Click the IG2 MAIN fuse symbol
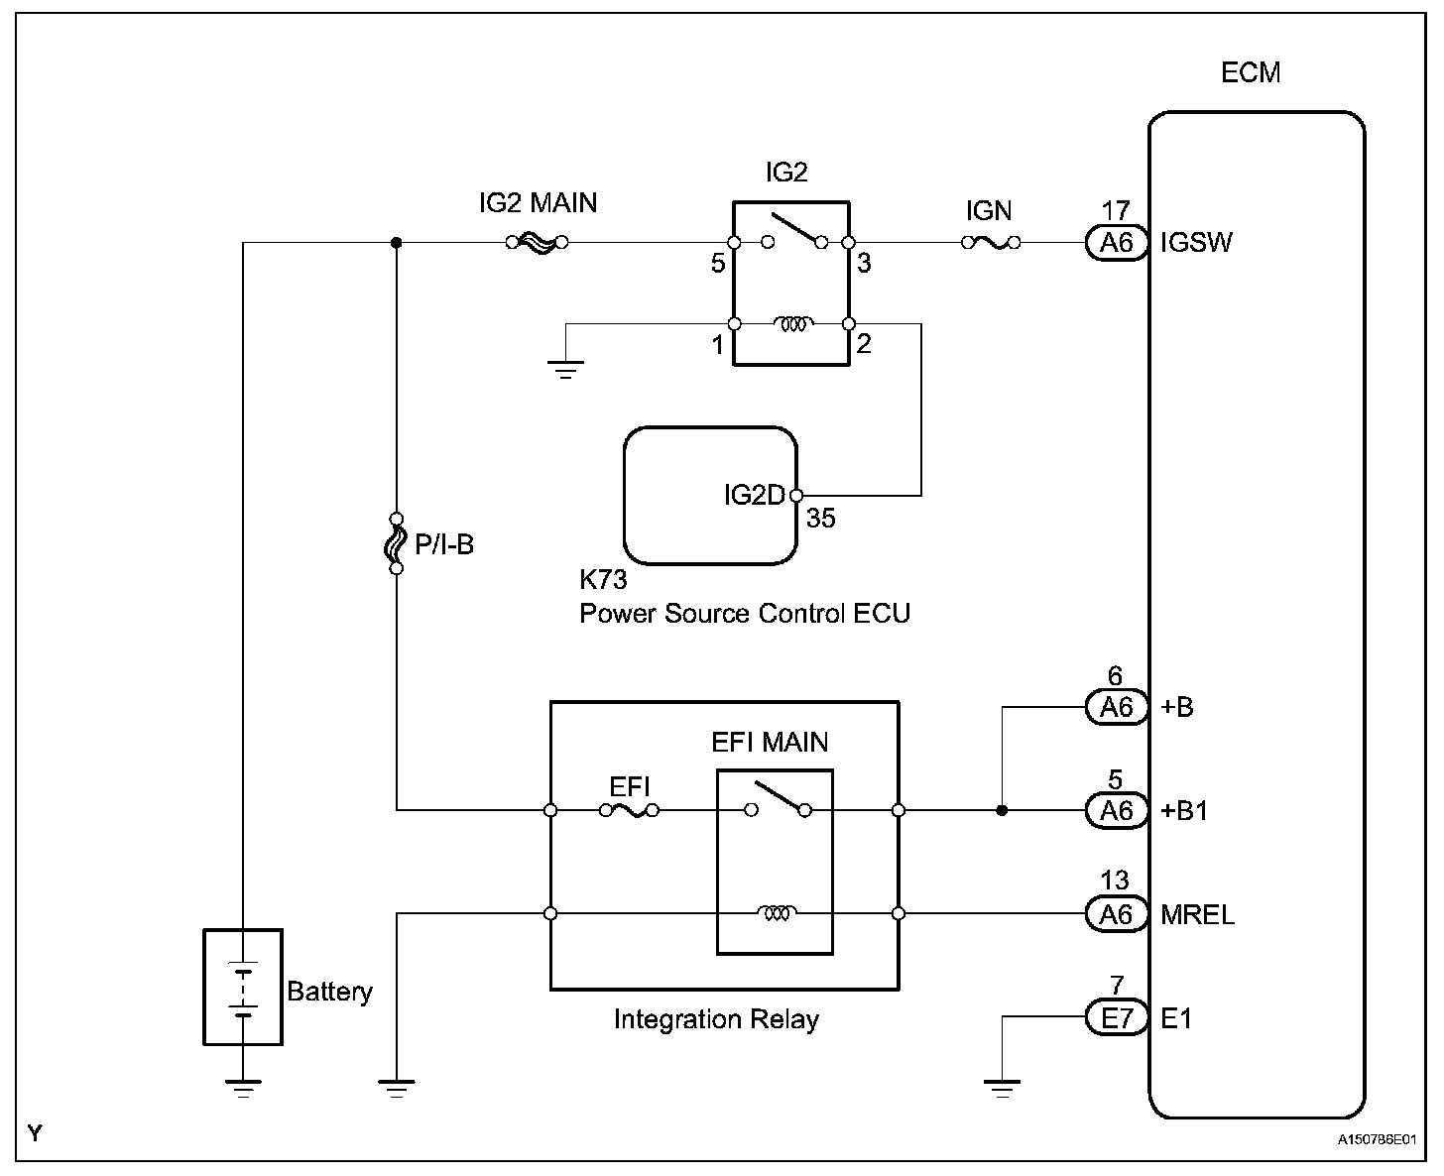point(536,242)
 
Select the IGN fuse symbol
point(991,242)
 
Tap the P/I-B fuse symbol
point(397,543)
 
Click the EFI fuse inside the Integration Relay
point(630,811)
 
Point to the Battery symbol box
point(243,987)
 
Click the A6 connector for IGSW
point(1117,242)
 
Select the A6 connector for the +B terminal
point(1117,707)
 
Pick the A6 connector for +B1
point(1117,811)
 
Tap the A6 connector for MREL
point(1117,913)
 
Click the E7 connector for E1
point(1117,1018)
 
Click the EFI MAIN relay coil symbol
point(777,912)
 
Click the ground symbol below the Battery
point(243,1088)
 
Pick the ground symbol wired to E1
point(1003,1089)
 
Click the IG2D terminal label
point(755,495)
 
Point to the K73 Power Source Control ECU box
point(710,495)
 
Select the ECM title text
point(1251,72)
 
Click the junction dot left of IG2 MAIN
point(397,242)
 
